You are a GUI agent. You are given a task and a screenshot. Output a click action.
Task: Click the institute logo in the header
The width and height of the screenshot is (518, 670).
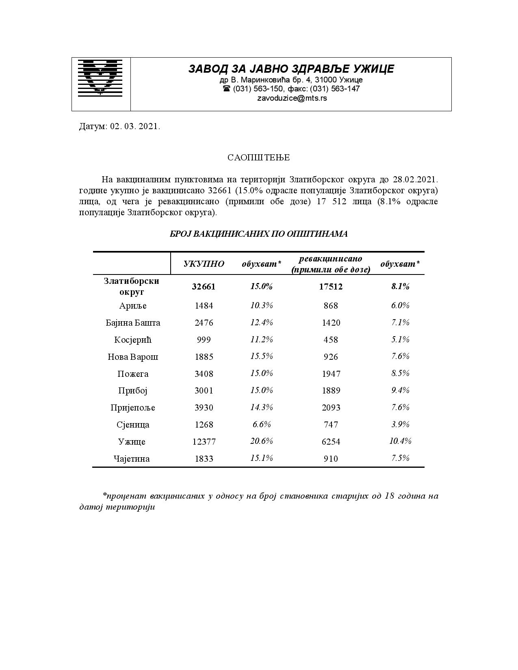[x=100, y=78]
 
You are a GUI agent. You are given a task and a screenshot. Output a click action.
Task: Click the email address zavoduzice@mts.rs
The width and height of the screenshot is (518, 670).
[x=292, y=98]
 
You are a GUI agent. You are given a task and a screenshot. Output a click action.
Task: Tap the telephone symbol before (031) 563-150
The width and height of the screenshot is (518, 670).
[x=227, y=89]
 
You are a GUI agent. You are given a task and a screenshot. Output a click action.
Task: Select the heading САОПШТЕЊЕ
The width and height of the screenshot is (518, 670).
[x=258, y=158]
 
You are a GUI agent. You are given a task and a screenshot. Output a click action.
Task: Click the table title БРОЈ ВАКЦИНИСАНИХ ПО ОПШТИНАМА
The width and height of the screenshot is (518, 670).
[x=258, y=234]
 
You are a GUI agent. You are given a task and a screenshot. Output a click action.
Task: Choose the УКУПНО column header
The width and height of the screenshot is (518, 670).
[x=204, y=264]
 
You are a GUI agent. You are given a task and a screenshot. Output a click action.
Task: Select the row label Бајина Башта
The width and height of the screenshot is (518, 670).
[x=133, y=323]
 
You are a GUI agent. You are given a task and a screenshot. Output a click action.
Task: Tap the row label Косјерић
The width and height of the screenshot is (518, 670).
[x=133, y=340]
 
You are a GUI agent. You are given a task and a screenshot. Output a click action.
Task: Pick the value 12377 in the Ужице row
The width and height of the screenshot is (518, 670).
[x=204, y=442]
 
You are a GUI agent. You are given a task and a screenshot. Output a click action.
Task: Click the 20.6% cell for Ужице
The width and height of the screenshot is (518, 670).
[x=262, y=441]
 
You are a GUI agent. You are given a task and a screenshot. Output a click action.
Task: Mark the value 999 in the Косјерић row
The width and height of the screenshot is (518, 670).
[x=204, y=340]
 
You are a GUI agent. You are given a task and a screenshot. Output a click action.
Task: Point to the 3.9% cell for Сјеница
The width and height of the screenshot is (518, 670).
[x=400, y=424]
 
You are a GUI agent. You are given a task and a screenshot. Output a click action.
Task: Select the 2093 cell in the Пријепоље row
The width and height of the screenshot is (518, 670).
[x=331, y=408]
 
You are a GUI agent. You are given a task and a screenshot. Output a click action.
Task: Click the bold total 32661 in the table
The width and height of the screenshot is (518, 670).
[x=204, y=287]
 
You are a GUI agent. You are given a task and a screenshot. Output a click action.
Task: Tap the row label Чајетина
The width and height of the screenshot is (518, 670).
[x=132, y=459]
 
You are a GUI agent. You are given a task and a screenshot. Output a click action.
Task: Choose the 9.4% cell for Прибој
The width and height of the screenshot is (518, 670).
[x=400, y=390]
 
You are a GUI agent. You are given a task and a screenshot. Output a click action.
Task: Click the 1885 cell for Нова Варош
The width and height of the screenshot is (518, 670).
[x=204, y=357]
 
